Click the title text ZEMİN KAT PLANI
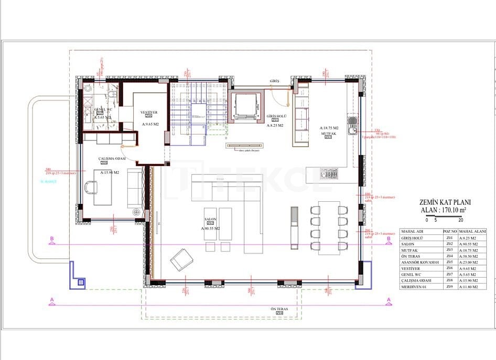[445, 202]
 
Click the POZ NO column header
[449, 231]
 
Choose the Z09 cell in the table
[449, 287]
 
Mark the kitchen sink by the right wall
[351, 125]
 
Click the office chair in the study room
[90, 187]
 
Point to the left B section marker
[51, 239]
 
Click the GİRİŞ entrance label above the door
[275, 82]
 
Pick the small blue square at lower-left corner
[80, 282]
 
